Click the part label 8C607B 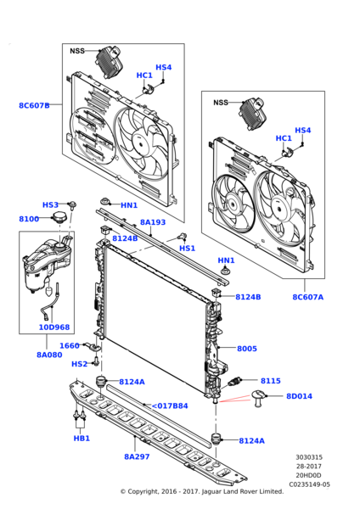pyautogui.click(x=34, y=106)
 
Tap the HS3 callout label pyautogui.click(x=50, y=205)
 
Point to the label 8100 pyautogui.click(x=28, y=219)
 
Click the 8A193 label pyautogui.click(x=153, y=222)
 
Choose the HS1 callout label pyautogui.click(x=187, y=249)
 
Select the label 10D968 pyautogui.click(x=54, y=327)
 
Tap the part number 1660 pyautogui.click(x=69, y=345)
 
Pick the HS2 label pyautogui.click(x=79, y=364)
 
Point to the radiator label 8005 pyautogui.click(x=246, y=349)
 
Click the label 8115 pyautogui.click(x=270, y=381)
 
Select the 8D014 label pyautogui.click(x=300, y=396)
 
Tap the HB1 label pyautogui.click(x=81, y=439)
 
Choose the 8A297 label pyautogui.click(x=136, y=456)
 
